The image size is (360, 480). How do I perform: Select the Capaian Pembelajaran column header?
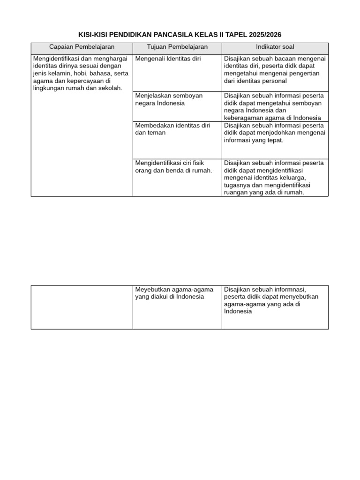tap(82, 47)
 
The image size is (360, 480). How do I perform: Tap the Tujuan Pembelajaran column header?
tap(177, 47)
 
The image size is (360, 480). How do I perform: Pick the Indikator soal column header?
tap(275, 47)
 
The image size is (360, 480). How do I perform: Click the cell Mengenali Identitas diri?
tap(167, 59)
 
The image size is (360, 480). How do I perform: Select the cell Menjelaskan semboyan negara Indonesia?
tap(168, 99)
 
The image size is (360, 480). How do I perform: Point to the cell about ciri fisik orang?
tap(173, 166)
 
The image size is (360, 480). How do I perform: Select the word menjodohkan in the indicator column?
tap(279, 133)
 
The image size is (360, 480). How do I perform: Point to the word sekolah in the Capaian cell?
tap(109, 88)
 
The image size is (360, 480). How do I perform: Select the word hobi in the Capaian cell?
tap(81, 74)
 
